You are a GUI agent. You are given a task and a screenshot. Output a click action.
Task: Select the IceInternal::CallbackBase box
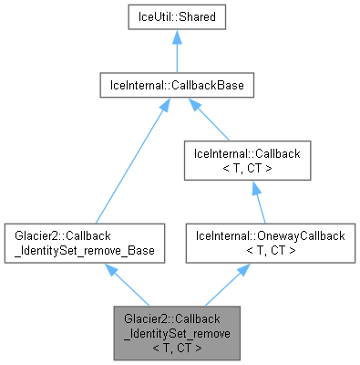coord(176,87)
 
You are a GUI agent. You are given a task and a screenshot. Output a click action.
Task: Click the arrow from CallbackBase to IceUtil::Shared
coord(176,52)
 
